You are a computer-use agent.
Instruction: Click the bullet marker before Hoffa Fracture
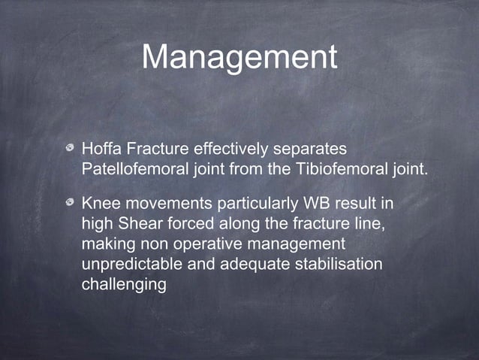tap(70, 145)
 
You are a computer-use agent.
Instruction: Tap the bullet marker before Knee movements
tap(70, 204)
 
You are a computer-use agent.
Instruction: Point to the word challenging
tap(123, 286)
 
